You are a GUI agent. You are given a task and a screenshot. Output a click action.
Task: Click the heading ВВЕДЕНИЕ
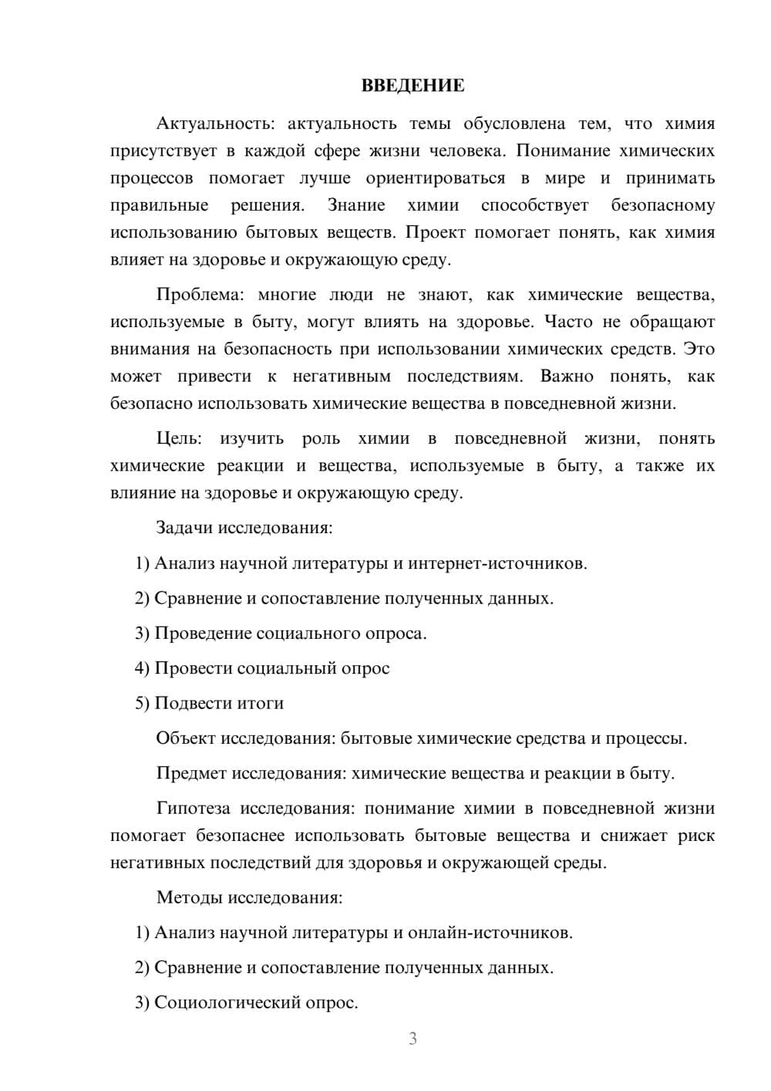(412, 86)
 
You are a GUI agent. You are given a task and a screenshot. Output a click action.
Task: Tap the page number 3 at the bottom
(412, 1039)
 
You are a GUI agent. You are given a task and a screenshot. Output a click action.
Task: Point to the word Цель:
(179, 438)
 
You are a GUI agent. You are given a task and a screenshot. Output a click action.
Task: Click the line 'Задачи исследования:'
(244, 528)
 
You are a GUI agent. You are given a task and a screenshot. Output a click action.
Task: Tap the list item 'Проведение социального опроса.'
(291, 633)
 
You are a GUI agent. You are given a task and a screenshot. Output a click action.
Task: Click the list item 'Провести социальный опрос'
(272, 668)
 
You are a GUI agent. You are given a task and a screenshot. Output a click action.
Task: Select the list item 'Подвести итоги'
(219, 703)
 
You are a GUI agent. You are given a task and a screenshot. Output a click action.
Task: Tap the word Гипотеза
(194, 808)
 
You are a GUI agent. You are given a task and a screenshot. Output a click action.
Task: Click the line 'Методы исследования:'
(249, 897)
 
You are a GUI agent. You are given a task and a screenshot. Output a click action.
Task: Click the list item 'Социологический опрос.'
(256, 1002)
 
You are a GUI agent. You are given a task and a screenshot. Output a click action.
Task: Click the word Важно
(567, 376)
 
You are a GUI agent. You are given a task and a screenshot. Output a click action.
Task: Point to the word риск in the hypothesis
(695, 835)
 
